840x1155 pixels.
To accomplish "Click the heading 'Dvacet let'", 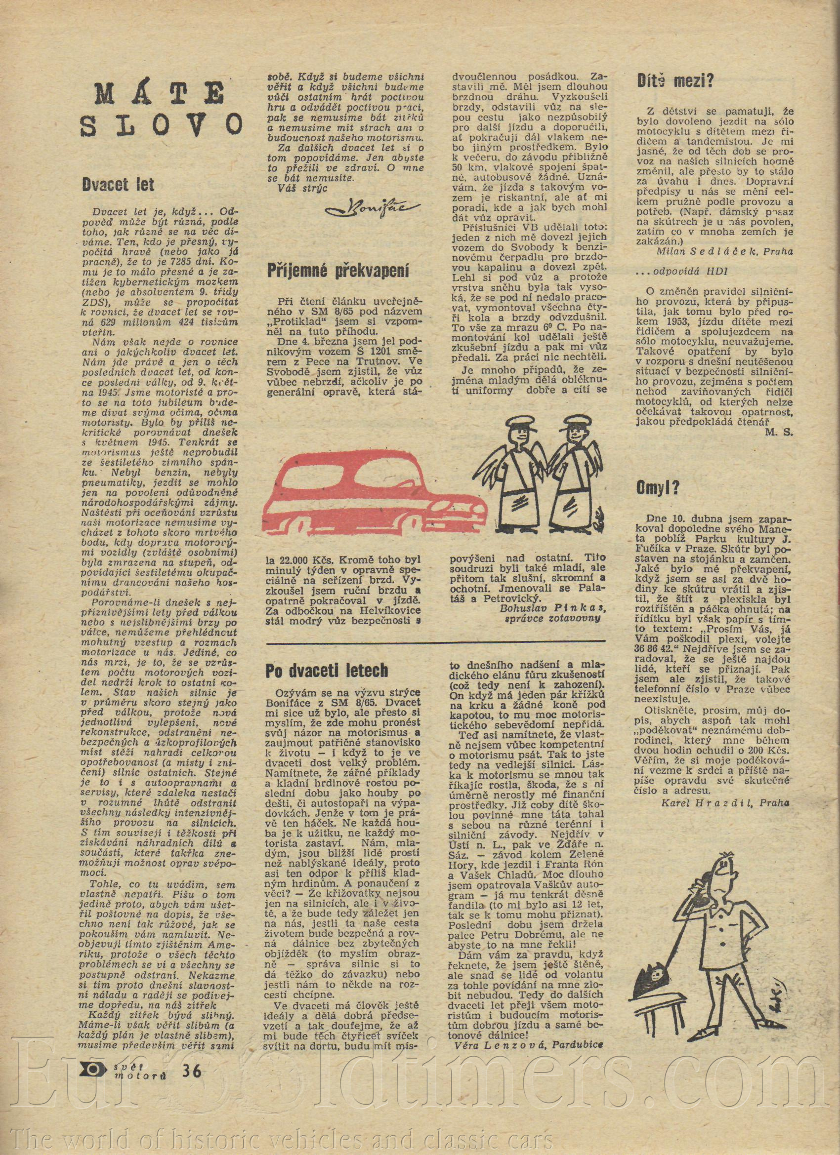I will coord(118,184).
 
